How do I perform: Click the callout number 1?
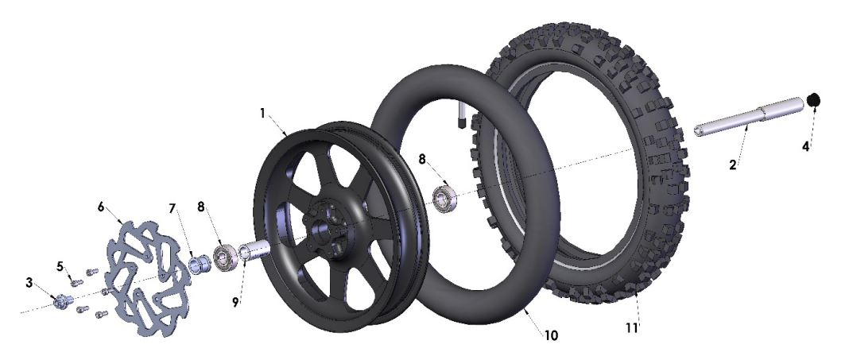click(x=262, y=113)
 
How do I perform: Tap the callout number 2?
click(x=732, y=165)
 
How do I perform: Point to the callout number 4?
click(x=804, y=147)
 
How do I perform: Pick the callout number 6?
click(x=101, y=206)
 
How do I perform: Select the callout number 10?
click(x=550, y=335)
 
